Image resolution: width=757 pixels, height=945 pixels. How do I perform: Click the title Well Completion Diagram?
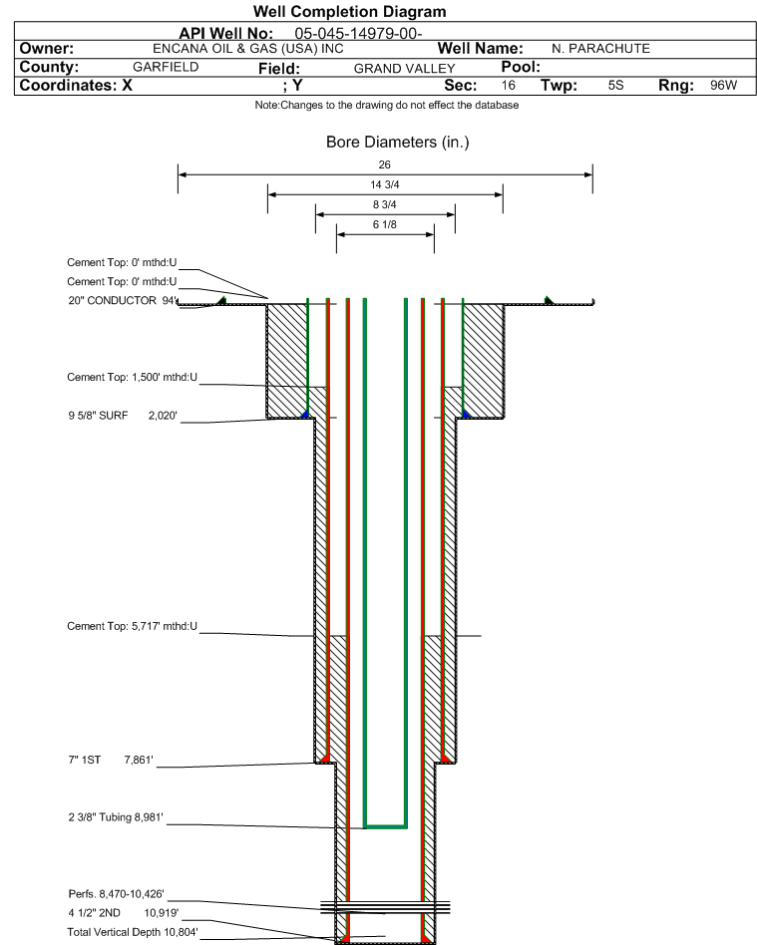pos(350,12)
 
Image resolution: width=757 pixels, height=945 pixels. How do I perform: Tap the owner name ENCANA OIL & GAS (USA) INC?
pos(248,49)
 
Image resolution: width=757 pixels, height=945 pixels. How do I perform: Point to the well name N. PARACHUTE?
pos(600,49)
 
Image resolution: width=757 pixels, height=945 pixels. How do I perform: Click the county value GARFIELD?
pos(166,67)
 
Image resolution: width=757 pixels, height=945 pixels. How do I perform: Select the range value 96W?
pos(723,86)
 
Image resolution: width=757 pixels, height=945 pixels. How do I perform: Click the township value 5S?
pos(615,86)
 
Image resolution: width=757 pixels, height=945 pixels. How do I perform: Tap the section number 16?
pos(509,86)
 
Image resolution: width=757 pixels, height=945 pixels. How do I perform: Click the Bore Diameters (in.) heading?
pos(397,143)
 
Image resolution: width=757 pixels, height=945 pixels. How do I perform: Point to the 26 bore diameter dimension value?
pos(385,164)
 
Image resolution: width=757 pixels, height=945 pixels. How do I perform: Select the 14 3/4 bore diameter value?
pos(385,184)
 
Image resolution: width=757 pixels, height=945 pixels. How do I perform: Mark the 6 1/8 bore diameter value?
pos(385,225)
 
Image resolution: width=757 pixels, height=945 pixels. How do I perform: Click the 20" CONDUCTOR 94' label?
pos(123,300)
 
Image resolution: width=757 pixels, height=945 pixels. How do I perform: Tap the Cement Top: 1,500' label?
pos(133,378)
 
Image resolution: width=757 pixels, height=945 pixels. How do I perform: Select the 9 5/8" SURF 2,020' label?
pos(123,415)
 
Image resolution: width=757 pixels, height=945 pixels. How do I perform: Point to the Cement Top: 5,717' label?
pos(133,626)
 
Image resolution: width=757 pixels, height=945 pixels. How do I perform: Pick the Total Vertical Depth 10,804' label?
pos(133,931)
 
